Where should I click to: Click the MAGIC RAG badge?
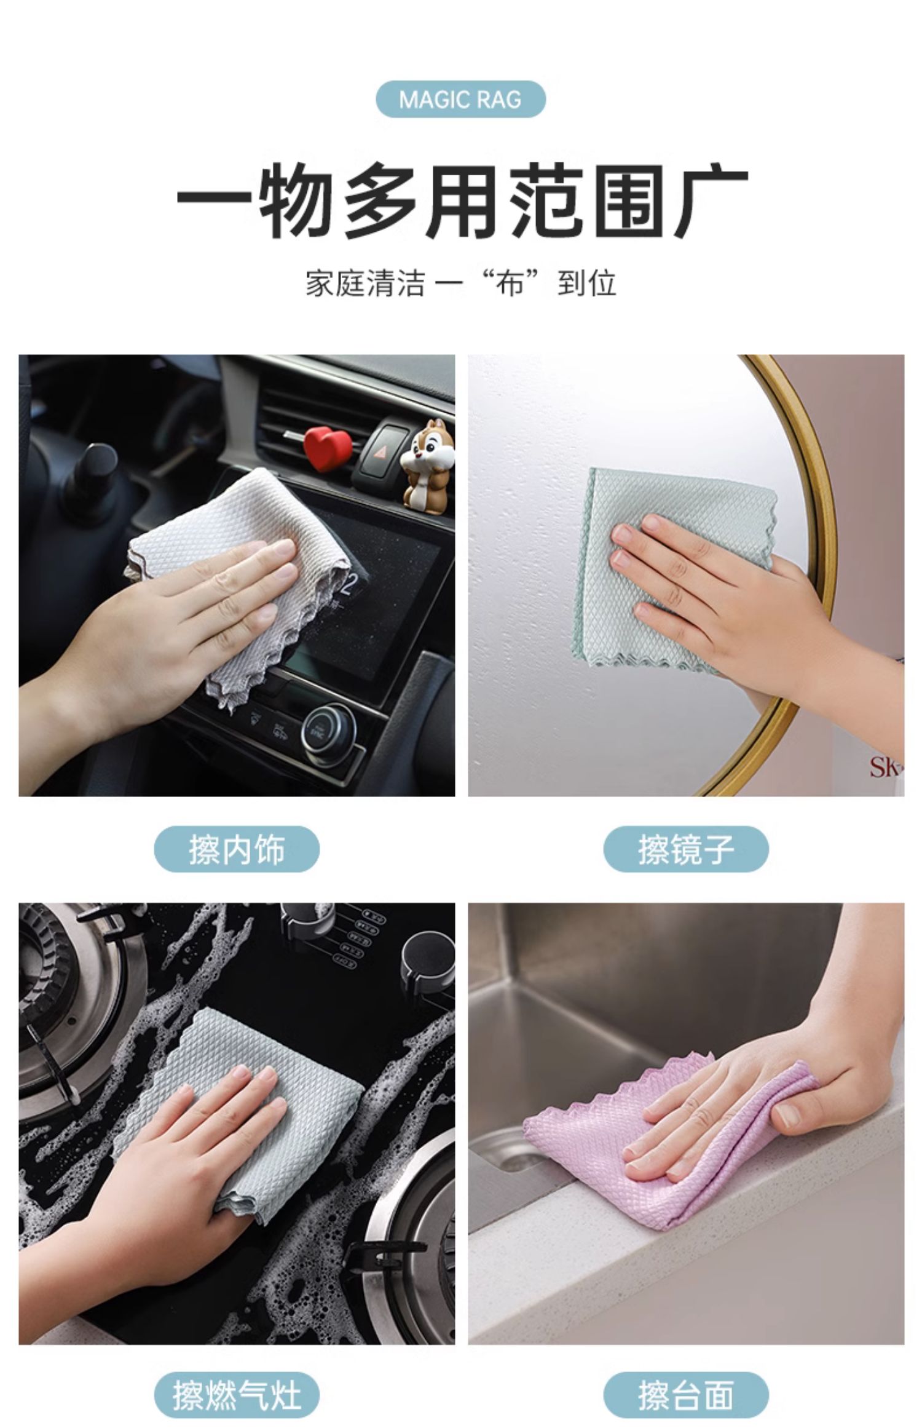coord(460,99)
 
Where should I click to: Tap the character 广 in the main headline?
coord(712,200)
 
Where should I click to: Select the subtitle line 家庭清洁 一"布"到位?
coord(461,284)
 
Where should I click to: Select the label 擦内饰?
coord(237,849)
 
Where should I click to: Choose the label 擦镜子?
coord(686,849)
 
